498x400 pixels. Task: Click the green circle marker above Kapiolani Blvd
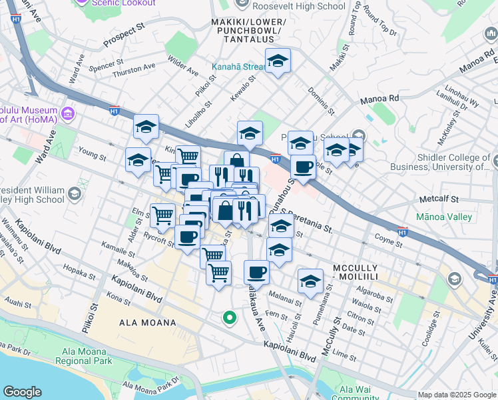[229, 318]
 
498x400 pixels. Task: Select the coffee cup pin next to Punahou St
[303, 167]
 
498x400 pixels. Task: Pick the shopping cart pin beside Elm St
[162, 216]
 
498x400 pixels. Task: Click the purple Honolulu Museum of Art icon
[67, 114]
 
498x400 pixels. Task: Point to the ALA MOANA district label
[148, 323]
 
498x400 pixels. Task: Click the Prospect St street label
[124, 38]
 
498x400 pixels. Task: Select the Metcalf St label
[439, 199]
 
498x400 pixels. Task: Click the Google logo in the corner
[23, 391]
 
